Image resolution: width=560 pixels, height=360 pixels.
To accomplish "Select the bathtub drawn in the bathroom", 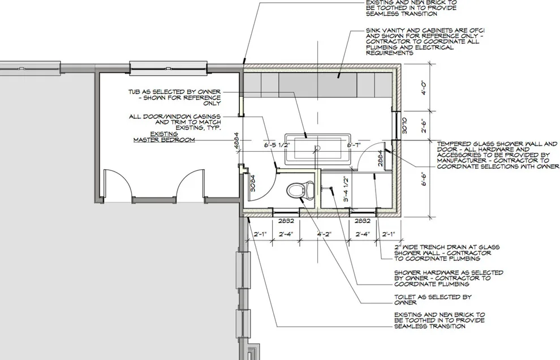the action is tap(317, 148).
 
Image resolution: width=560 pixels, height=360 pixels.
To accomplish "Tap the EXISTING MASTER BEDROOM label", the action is tap(164, 137).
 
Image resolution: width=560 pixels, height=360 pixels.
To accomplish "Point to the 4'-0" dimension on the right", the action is tap(424, 88).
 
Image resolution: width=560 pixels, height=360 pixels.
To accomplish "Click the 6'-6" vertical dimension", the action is tap(424, 179).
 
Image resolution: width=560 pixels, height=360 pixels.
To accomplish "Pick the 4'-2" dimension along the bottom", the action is tap(324, 234).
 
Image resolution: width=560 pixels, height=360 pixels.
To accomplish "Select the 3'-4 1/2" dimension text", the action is tap(346, 189).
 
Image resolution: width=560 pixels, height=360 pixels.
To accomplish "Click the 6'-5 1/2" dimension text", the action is tap(277, 145).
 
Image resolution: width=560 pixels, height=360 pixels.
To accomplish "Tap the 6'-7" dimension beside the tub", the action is tap(354, 145).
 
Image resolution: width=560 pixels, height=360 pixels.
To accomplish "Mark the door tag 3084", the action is tap(253, 183).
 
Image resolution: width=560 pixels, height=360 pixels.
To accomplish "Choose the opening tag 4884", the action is tap(236, 143).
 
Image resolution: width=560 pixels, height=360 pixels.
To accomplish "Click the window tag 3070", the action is tap(404, 126).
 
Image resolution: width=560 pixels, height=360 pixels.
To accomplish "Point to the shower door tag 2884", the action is tap(380, 158).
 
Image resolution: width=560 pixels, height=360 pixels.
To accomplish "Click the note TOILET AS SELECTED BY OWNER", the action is tap(433, 299).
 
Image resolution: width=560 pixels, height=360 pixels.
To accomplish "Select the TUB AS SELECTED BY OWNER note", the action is tap(175, 97).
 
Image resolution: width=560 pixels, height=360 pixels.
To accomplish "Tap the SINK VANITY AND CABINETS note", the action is tap(425, 41).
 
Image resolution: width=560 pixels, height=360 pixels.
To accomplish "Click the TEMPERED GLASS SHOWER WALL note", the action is tap(498, 155).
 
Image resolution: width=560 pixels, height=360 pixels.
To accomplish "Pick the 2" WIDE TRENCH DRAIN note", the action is tap(447, 253).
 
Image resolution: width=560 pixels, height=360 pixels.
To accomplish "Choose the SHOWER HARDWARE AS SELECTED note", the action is tap(449, 278).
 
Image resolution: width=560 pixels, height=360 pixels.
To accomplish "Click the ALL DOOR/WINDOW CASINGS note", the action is tap(175, 122).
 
